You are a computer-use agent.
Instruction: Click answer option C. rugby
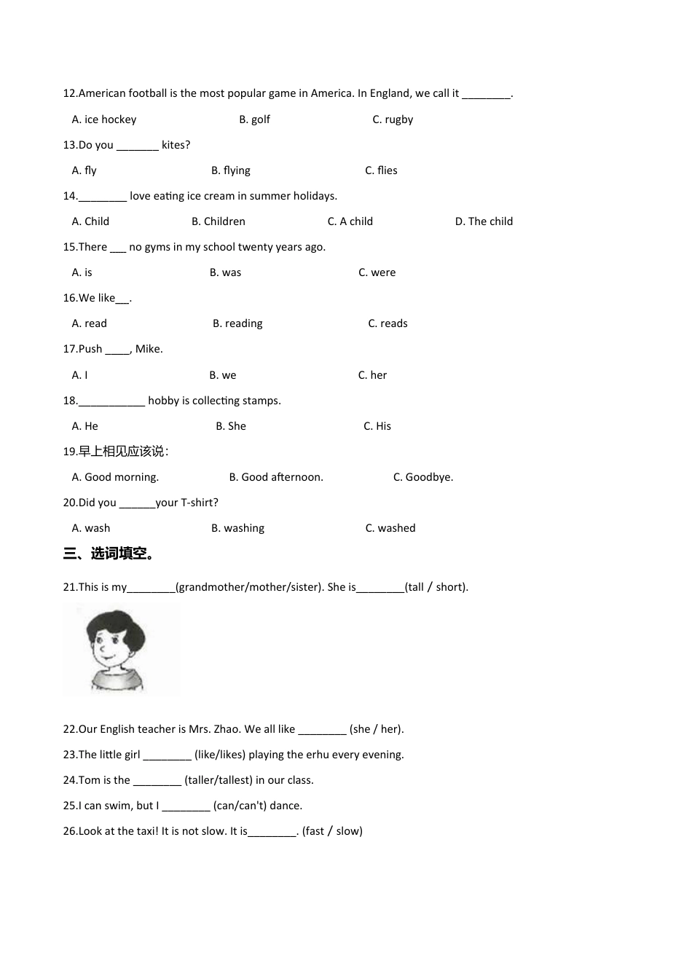(393, 119)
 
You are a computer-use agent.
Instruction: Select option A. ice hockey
(104, 119)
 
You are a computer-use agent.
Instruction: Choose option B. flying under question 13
(231, 170)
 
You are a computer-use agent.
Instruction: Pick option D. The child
(484, 221)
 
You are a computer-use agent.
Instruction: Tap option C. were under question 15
(377, 272)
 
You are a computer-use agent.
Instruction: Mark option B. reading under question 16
(237, 323)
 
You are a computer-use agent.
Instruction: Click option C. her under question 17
(372, 375)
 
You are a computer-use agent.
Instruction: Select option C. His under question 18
(377, 426)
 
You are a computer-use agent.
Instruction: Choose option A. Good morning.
(115, 477)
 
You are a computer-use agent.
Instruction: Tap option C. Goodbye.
(423, 477)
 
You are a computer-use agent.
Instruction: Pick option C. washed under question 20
(390, 528)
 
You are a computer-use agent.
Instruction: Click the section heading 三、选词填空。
(110, 554)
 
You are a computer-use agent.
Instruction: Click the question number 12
(70, 93)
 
